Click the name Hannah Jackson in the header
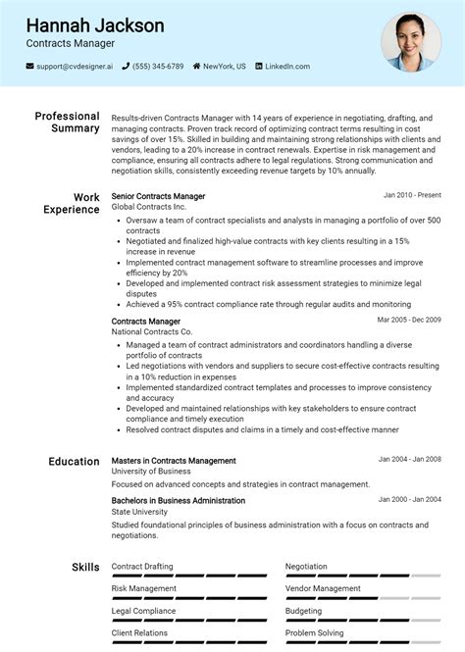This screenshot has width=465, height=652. coord(95,25)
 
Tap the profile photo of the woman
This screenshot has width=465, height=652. coord(411,41)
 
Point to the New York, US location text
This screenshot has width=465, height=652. coord(224,67)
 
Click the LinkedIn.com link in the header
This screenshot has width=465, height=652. coord(286,67)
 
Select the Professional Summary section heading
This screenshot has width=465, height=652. coord(67,123)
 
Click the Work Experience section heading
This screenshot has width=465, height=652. coord(72,203)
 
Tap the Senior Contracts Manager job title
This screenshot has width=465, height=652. coord(158,196)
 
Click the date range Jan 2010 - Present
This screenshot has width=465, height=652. coord(412,196)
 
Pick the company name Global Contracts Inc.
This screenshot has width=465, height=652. coord(148,208)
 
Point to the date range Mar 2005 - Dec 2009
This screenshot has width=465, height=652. coord(409,320)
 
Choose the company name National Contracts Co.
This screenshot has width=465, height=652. coord(152,332)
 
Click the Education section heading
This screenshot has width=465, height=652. coord(74,461)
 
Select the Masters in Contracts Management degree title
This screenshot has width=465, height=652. coord(174,460)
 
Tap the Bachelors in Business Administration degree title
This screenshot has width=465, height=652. coord(179,500)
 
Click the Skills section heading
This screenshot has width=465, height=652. coord(85,567)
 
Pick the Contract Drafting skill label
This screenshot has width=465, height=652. coord(142,567)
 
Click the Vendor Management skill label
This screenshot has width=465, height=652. coord(323,588)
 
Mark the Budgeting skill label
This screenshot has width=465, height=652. coord(303,611)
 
